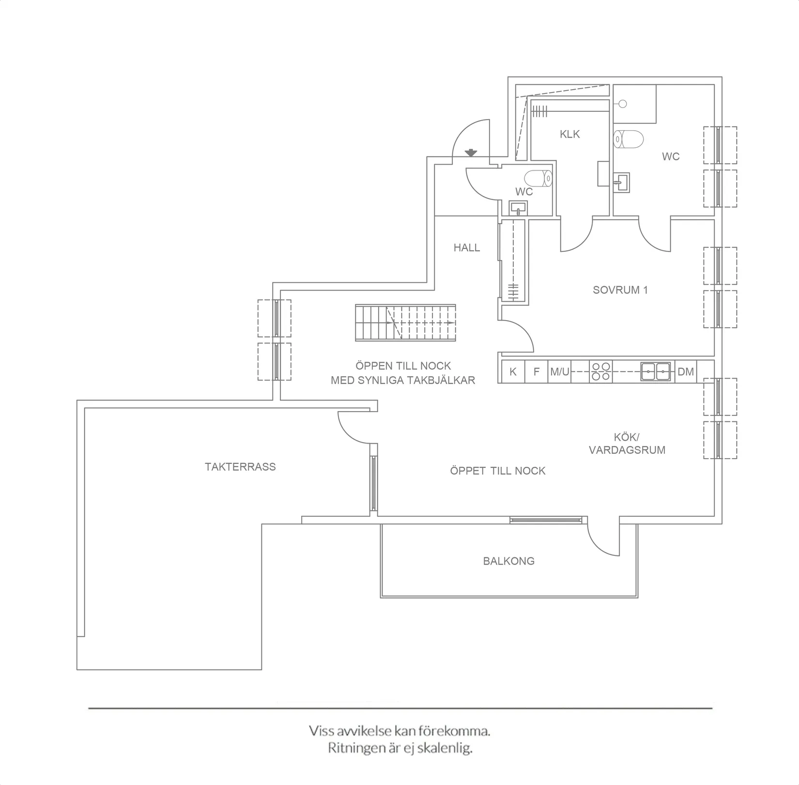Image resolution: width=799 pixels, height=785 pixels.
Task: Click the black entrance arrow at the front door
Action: [x=471, y=153]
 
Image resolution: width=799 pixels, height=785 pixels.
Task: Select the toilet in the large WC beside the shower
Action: [x=628, y=139]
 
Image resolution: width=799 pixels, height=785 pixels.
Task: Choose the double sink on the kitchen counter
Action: [x=656, y=372]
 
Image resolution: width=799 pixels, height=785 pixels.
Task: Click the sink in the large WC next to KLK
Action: [x=622, y=183]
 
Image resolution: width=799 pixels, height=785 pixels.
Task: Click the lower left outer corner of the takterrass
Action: [x=77, y=670]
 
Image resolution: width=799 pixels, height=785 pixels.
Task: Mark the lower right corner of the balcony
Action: [x=638, y=598]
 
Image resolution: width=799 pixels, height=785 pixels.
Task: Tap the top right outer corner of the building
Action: [x=722, y=77]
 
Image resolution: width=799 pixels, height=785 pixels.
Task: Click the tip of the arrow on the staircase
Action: [x=455, y=323]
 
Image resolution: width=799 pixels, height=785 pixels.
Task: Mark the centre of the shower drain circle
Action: [x=623, y=104]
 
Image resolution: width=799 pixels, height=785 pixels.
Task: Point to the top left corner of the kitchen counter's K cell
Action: [x=502, y=360]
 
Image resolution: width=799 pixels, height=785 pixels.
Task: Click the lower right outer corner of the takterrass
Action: [x=262, y=670]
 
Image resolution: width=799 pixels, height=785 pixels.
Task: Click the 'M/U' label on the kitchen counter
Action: [x=560, y=372]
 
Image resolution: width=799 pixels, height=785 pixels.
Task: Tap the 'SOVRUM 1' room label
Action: [x=620, y=290]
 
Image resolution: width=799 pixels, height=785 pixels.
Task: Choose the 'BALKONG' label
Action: [x=509, y=561]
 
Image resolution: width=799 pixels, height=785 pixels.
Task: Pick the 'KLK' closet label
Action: [x=570, y=134]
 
